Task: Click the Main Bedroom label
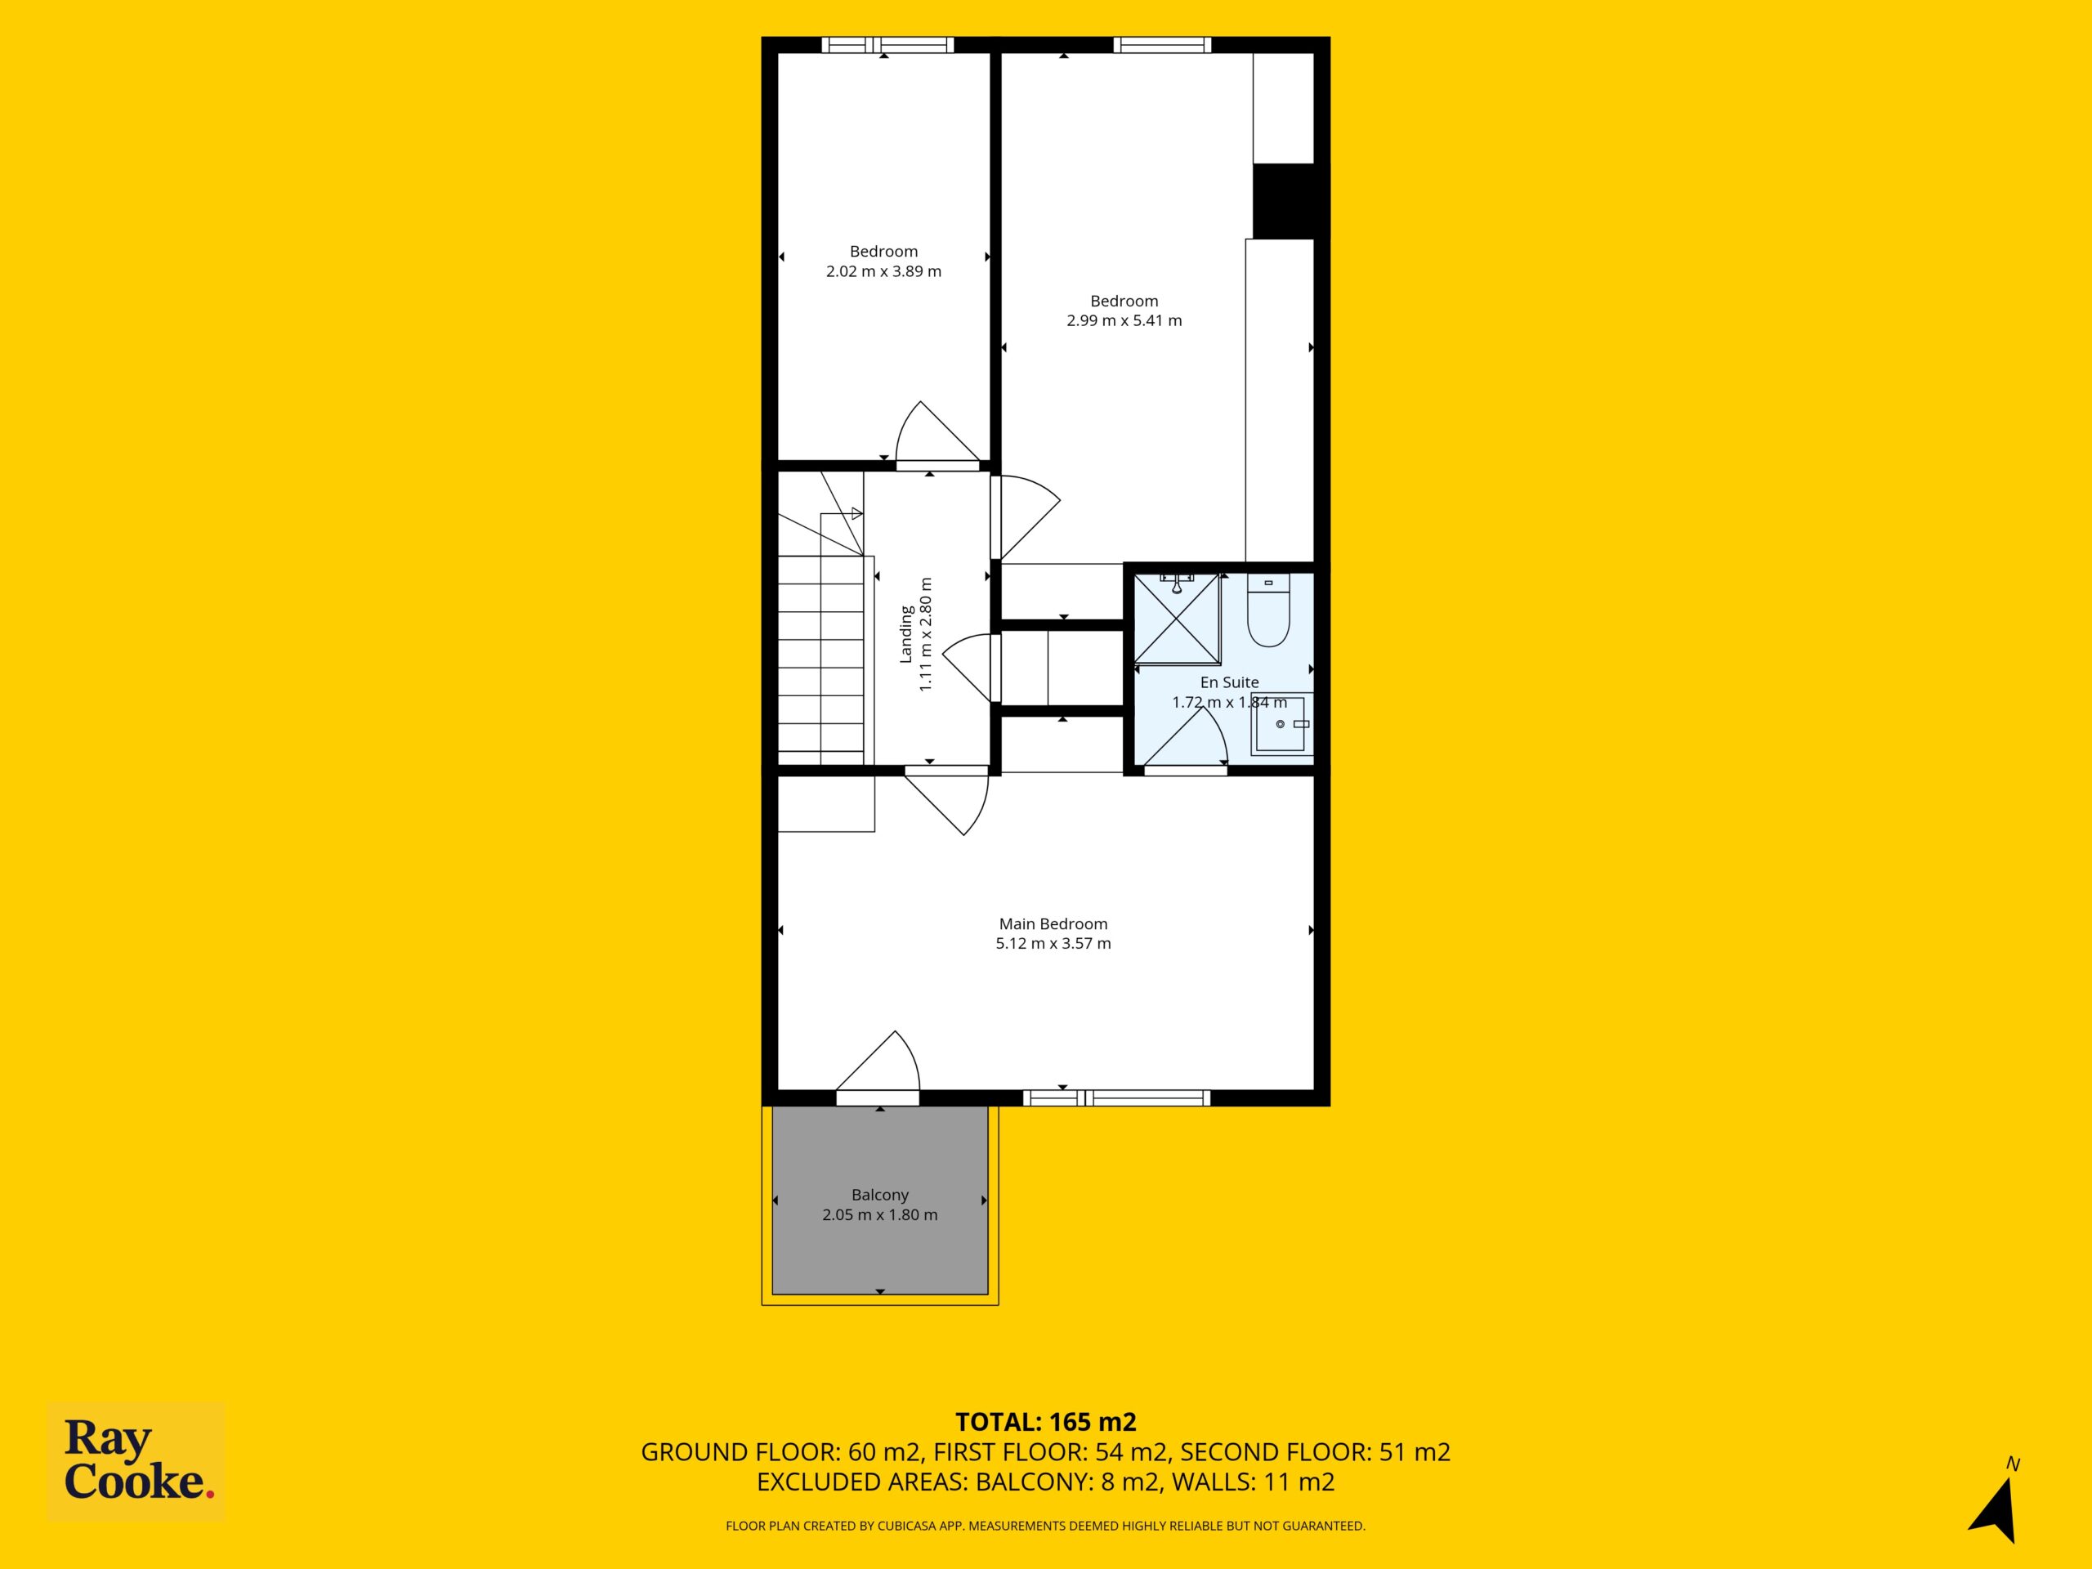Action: pyautogui.click(x=1053, y=924)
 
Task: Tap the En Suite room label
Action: pyautogui.click(x=1230, y=682)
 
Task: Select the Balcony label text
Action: pyautogui.click(x=879, y=1195)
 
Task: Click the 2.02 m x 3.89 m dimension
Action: pyautogui.click(x=883, y=271)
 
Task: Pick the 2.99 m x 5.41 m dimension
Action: pyautogui.click(x=1124, y=320)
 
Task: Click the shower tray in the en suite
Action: pyautogui.click(x=1177, y=619)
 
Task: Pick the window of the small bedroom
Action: pyautogui.click(x=887, y=44)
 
